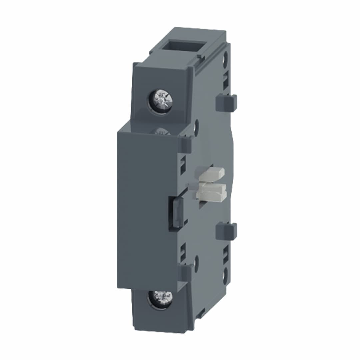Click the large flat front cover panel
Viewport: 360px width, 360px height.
(143, 207)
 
